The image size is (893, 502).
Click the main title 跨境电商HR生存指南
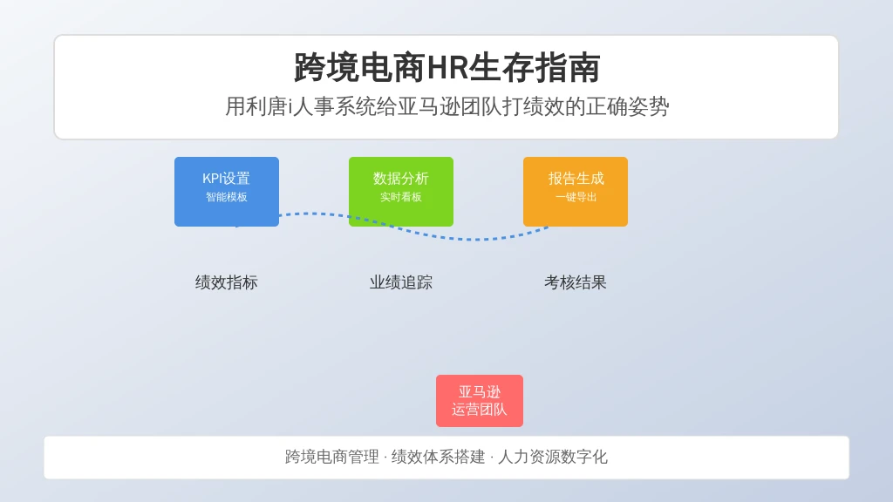point(446,68)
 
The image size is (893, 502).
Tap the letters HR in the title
point(447,68)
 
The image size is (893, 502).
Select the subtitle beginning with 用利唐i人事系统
point(446,106)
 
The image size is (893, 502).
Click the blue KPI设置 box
point(227,192)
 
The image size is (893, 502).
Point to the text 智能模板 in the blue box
point(227,197)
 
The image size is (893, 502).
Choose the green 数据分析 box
point(401,192)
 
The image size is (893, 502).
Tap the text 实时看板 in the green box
point(401,197)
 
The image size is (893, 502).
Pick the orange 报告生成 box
point(576,192)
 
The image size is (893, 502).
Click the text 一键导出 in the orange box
point(576,197)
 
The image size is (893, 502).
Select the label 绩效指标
point(227,282)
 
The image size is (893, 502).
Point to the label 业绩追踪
point(401,282)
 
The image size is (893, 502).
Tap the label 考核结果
point(576,282)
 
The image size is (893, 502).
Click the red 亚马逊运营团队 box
point(480,401)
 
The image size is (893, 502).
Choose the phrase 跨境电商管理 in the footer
point(332,457)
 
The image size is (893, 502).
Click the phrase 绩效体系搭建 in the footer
point(438,457)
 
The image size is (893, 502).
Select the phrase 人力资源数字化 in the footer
point(553,457)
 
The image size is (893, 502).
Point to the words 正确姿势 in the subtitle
point(628,106)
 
